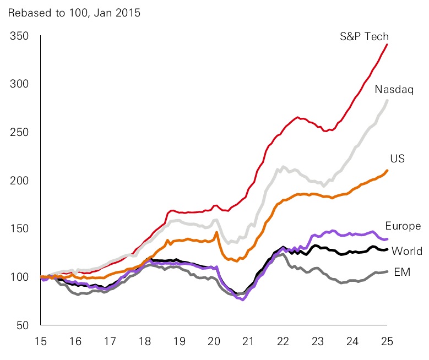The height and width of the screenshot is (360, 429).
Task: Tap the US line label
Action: tap(398, 159)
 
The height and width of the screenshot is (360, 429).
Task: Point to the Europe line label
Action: tap(403, 226)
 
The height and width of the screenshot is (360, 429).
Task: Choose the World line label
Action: tap(406, 251)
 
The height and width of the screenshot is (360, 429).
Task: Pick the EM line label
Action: tap(402, 272)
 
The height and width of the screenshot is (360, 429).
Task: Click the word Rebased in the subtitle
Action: tap(26, 12)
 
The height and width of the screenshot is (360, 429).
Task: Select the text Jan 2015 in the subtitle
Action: tap(121, 12)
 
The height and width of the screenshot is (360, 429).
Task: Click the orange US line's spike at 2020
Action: tap(216, 232)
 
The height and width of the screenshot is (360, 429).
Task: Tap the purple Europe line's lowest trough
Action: tap(243, 300)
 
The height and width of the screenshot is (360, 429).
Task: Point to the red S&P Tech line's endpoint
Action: tap(387, 44)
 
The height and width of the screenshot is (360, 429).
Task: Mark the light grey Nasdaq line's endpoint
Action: tap(387, 100)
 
